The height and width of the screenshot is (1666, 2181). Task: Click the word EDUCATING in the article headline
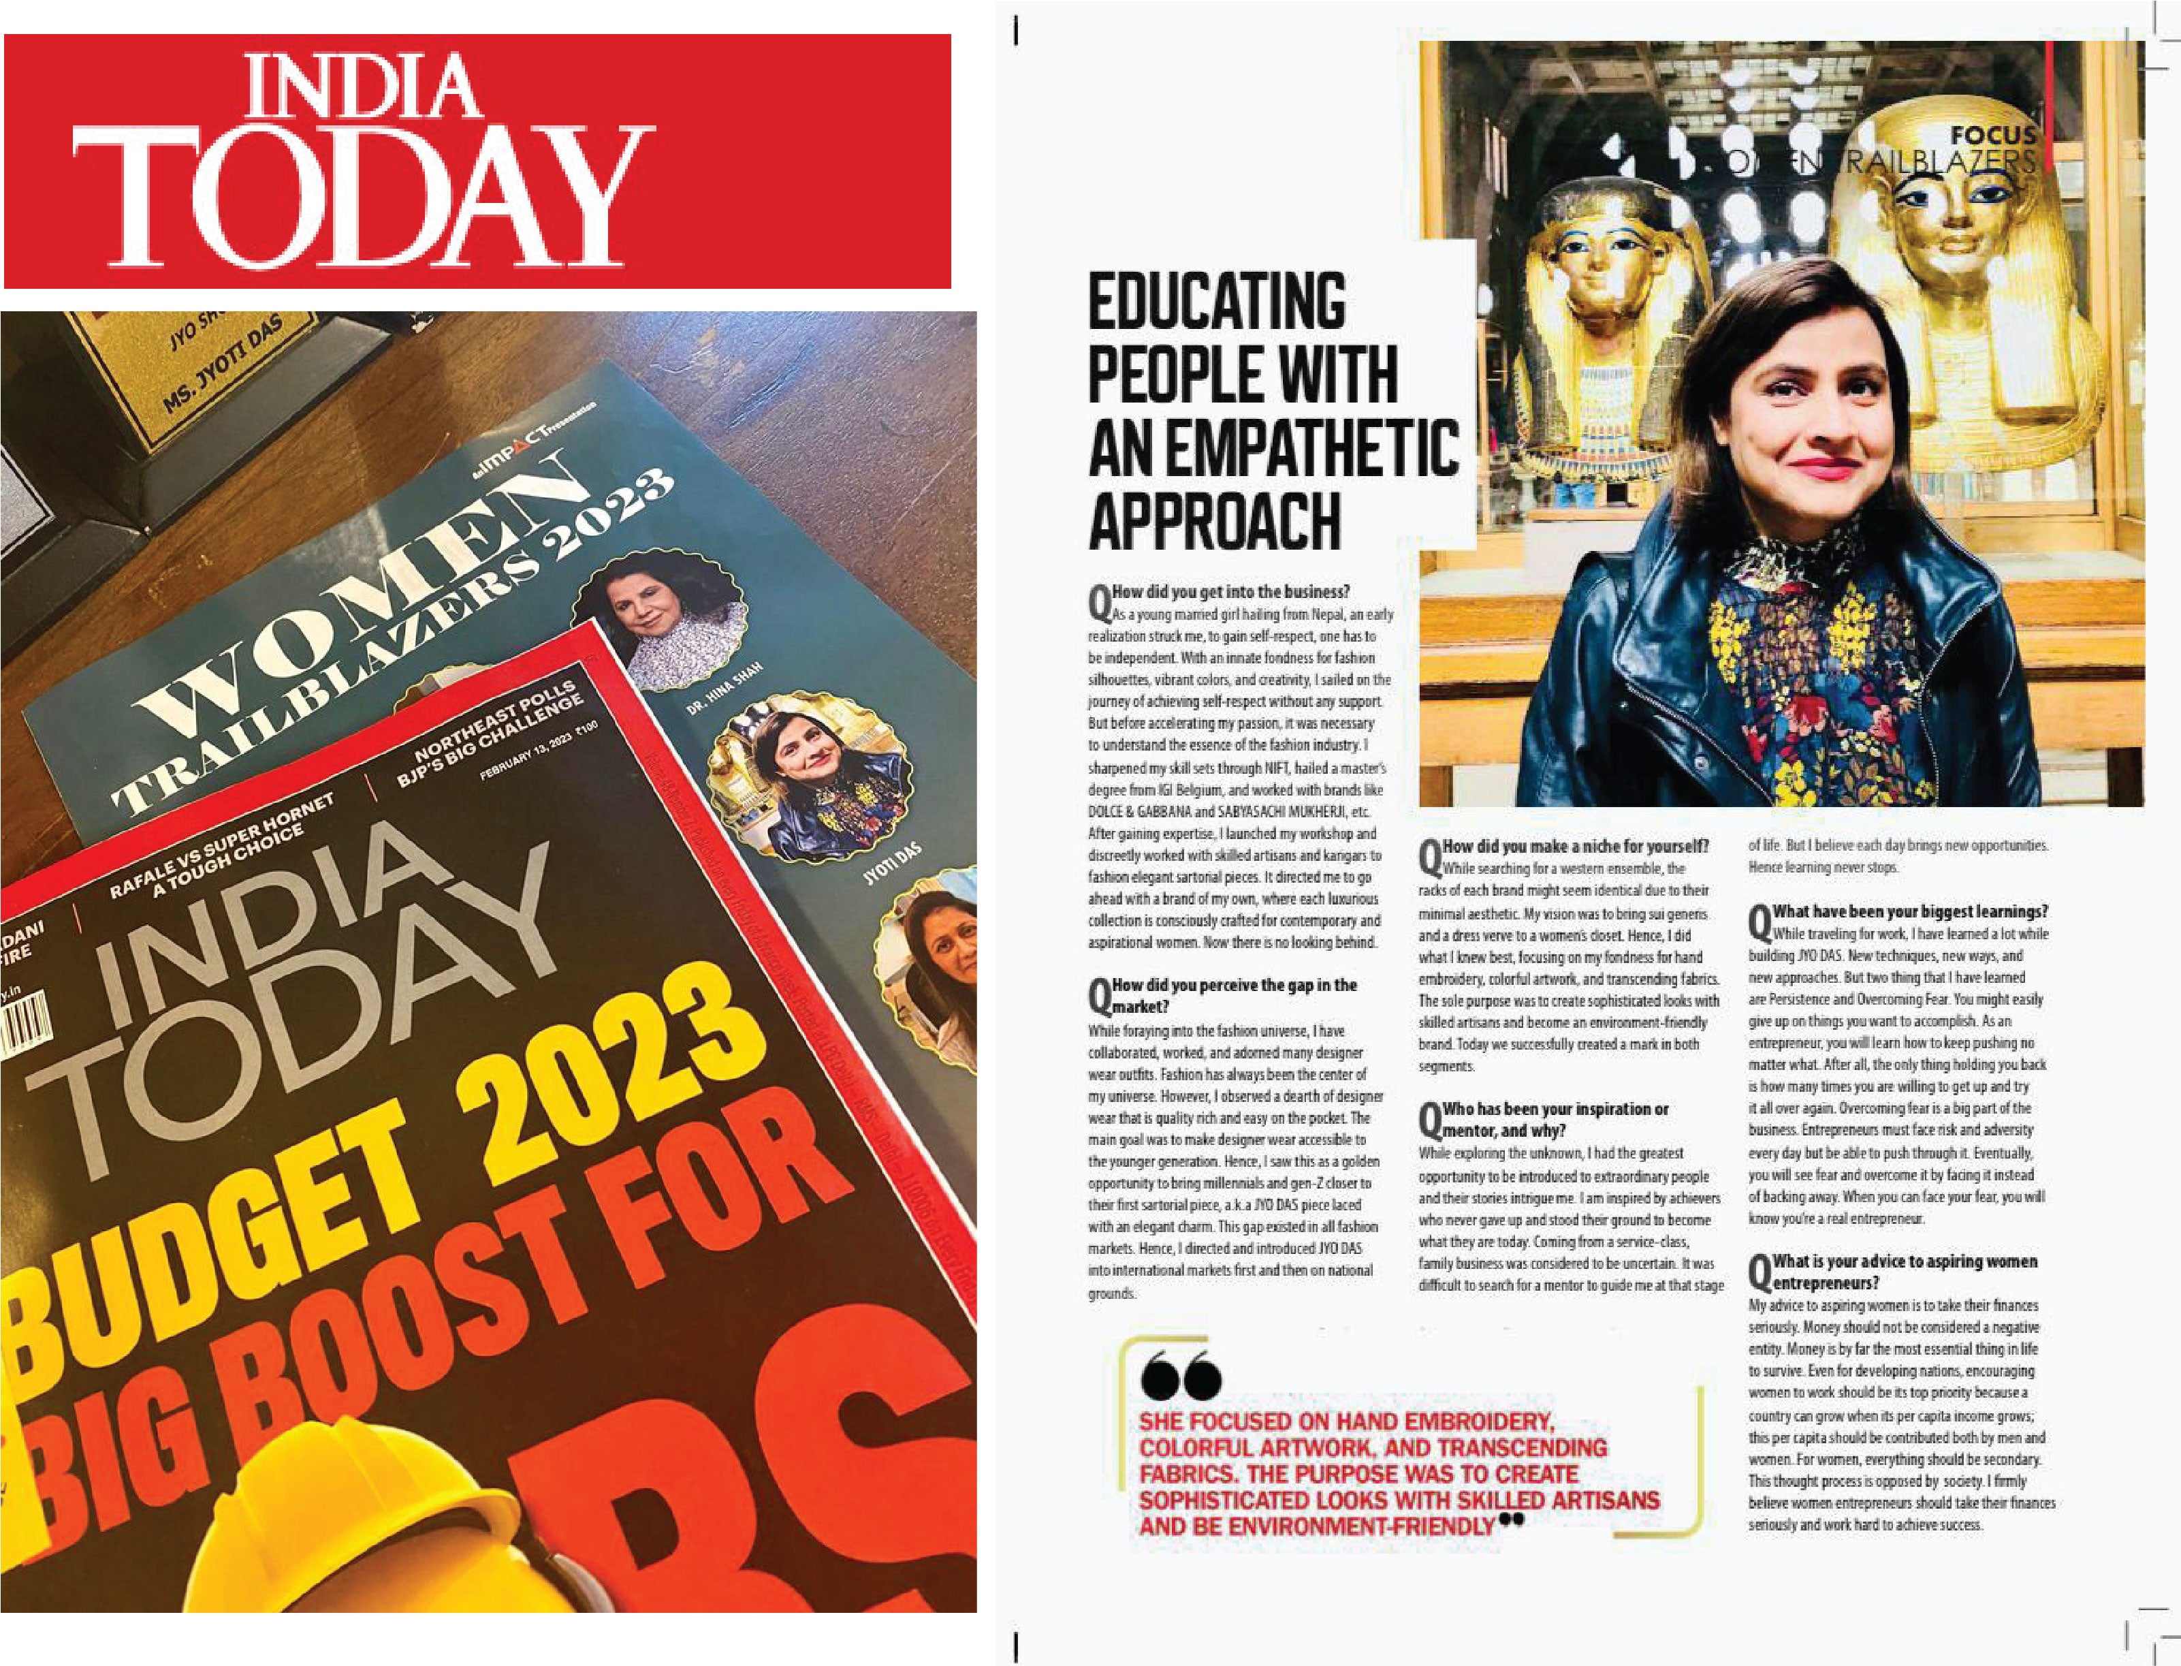(1217, 302)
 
